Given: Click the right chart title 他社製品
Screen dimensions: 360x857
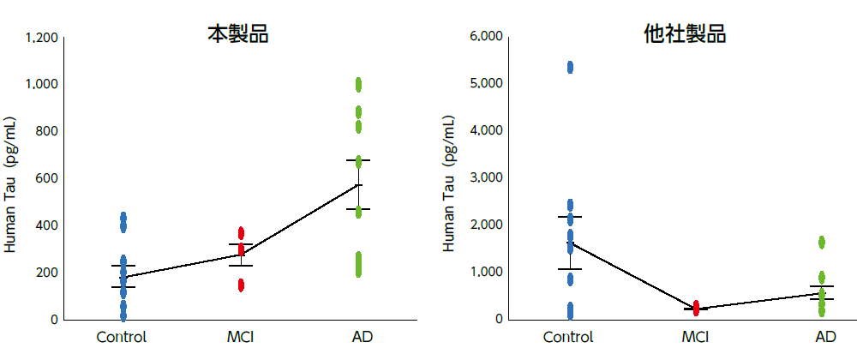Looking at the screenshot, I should [x=685, y=34].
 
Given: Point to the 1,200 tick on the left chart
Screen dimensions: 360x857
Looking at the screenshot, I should [x=42, y=38].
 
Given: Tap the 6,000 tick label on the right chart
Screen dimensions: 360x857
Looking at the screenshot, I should [x=487, y=37].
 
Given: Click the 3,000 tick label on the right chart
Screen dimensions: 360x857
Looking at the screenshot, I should [x=487, y=178].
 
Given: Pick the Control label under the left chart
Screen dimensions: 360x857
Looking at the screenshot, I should [x=122, y=336].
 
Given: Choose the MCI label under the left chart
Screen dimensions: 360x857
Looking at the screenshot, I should [x=240, y=336].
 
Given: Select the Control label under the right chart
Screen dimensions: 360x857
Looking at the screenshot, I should [x=569, y=336].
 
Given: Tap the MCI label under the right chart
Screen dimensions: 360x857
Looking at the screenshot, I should [x=695, y=336].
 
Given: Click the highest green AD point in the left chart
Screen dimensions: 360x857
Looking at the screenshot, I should [x=358, y=84].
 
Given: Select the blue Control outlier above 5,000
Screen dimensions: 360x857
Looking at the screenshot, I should [x=570, y=67].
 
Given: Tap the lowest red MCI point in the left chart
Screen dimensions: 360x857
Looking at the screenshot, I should [x=241, y=285].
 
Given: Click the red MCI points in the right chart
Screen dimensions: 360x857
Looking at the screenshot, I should [x=696, y=308].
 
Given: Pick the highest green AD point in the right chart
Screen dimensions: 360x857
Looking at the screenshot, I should [x=822, y=243].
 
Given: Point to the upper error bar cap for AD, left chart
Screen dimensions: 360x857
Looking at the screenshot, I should [x=358, y=160].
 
